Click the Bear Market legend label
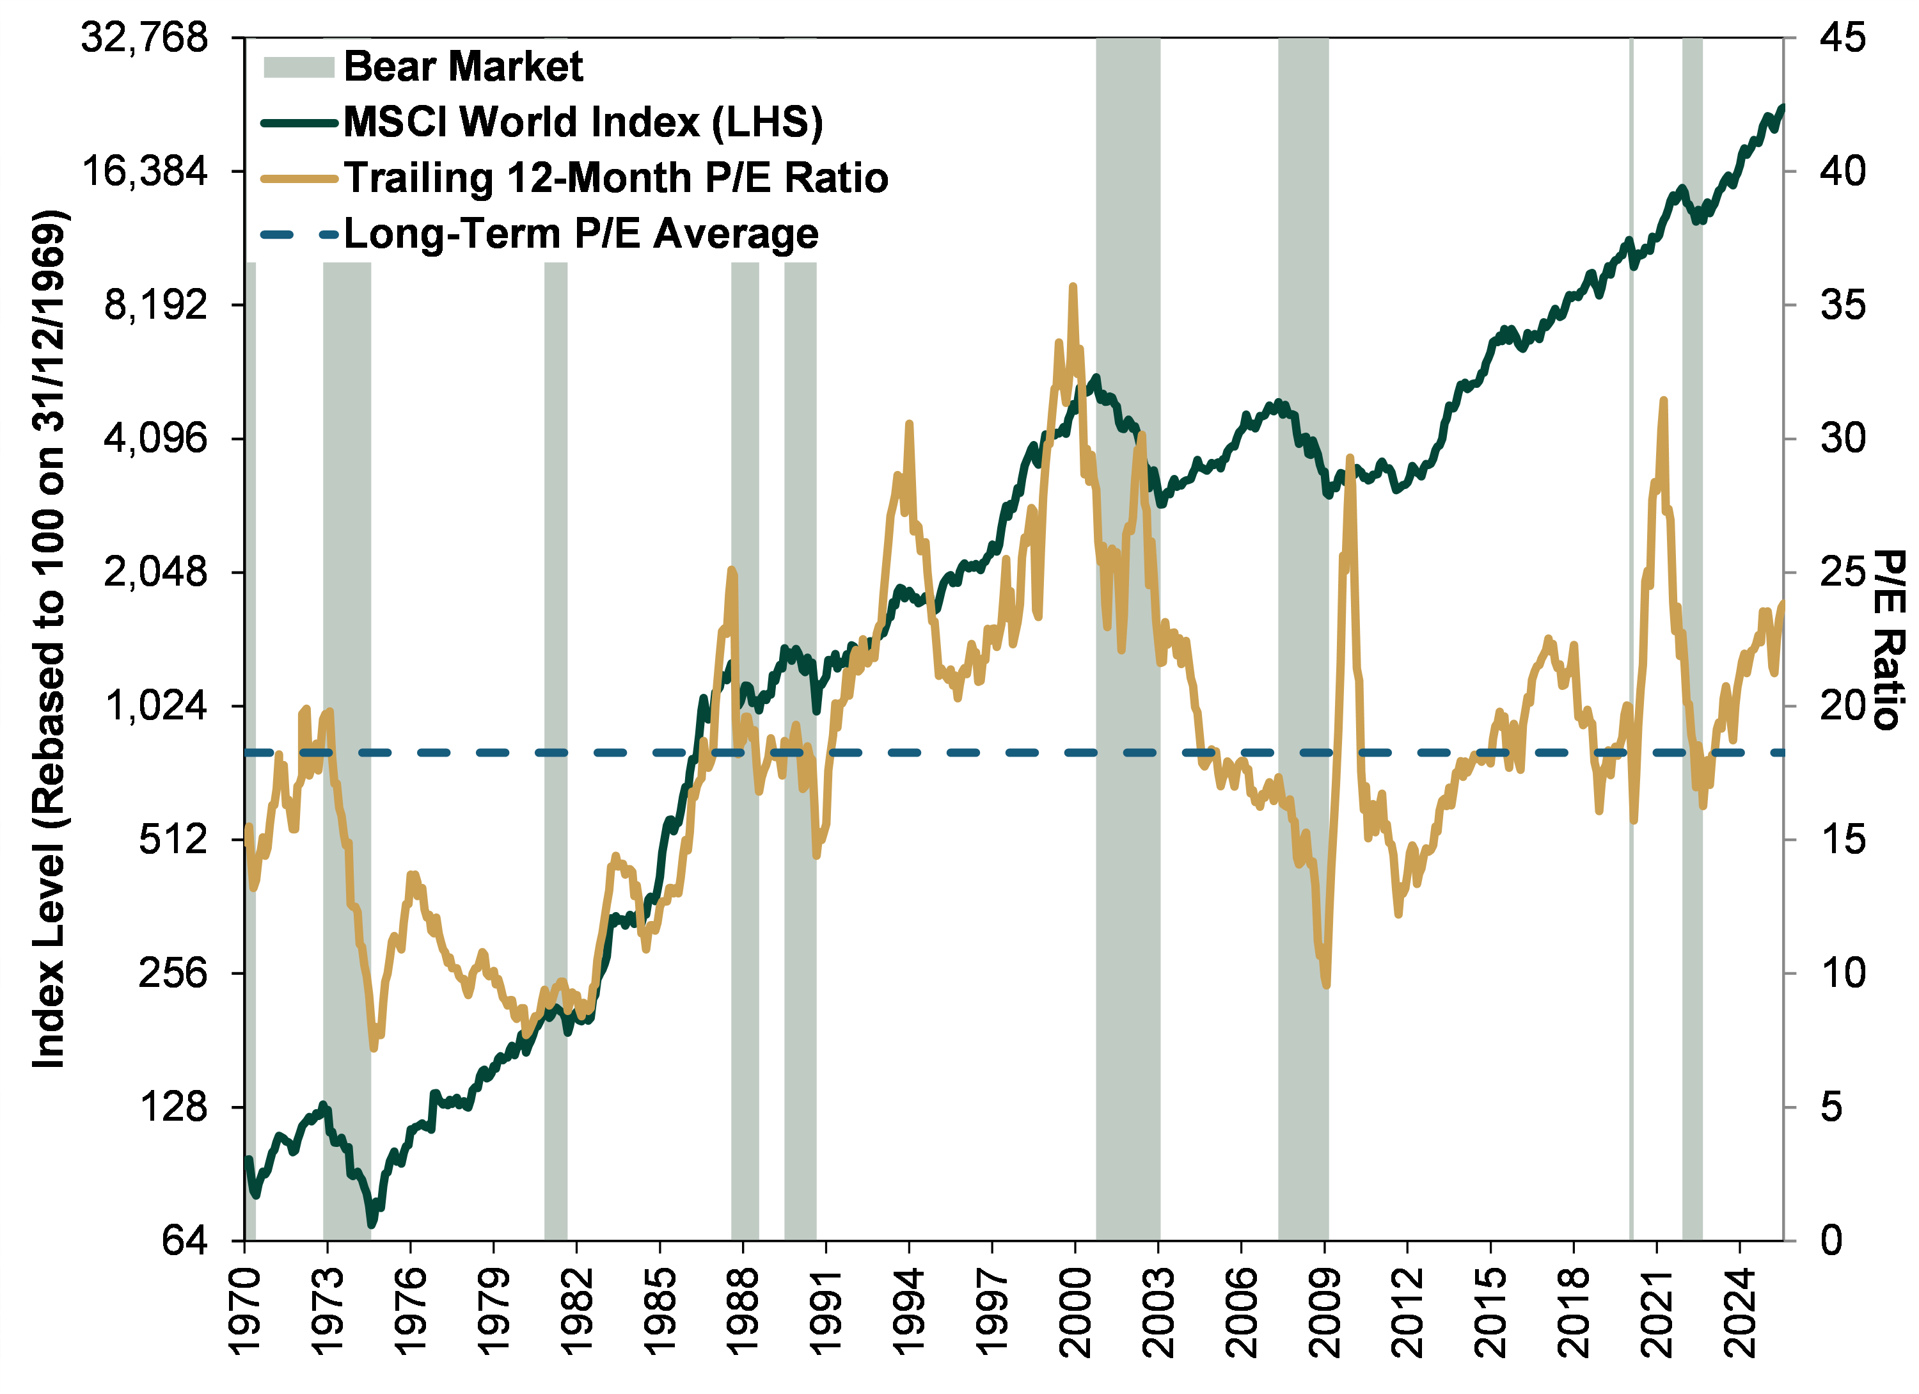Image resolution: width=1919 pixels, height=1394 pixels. click(x=463, y=66)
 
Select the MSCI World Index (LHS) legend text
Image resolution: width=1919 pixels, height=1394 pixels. click(x=583, y=122)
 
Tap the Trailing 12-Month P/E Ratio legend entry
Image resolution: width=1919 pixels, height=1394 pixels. click(x=616, y=178)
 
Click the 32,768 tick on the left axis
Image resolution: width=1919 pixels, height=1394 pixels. click(x=144, y=38)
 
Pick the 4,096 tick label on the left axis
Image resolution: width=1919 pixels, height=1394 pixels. click(x=155, y=438)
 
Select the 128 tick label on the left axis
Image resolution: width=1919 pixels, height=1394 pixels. click(x=173, y=1106)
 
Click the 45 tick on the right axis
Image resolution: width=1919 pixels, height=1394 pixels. click(x=1843, y=38)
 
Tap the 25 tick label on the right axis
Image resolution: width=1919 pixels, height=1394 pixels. click(x=1843, y=572)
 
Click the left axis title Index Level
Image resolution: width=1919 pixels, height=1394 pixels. click(x=49, y=639)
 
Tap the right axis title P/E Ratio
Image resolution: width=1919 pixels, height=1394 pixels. click(x=1888, y=639)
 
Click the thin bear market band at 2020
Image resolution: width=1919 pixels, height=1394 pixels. click(x=1631, y=593)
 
